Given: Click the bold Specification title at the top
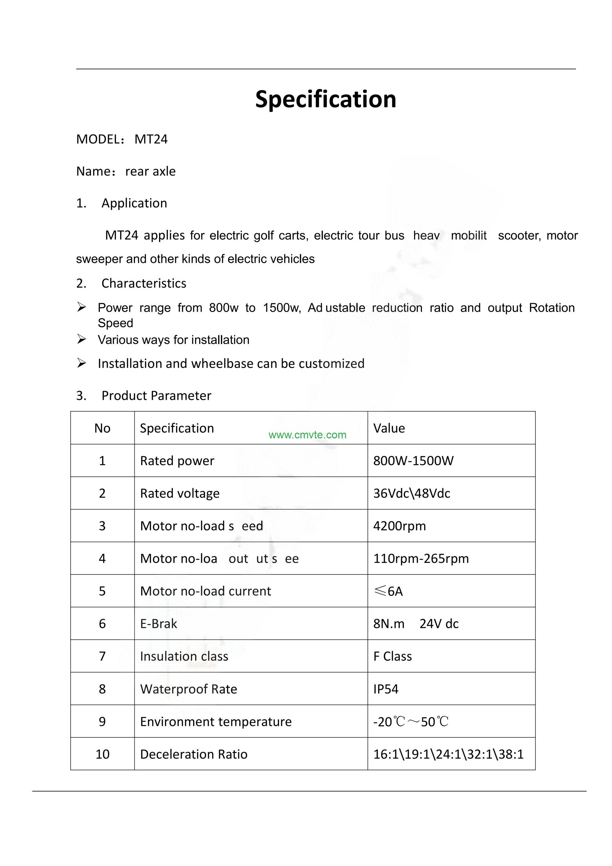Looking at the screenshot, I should (325, 99).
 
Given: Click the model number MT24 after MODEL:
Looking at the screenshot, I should (151, 139).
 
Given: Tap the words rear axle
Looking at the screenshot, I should (150, 171).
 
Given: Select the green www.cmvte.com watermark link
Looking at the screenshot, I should (307, 435).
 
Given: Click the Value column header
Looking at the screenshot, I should (389, 428).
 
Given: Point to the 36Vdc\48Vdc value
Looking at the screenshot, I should (412, 493).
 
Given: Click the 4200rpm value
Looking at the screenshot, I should (399, 526).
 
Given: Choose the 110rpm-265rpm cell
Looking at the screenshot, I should (421, 558).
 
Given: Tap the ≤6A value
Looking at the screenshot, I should (388, 591).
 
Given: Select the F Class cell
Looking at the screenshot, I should (392, 656).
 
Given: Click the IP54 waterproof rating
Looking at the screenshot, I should (386, 689).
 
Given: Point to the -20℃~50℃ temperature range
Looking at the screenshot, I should (410, 722).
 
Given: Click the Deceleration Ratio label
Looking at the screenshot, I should (194, 754).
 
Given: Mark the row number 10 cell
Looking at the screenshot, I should (102, 754).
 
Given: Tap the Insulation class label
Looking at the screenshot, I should (184, 656).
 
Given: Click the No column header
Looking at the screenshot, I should (102, 428).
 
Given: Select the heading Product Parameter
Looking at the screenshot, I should (156, 396).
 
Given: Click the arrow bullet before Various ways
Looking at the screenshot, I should (82, 339).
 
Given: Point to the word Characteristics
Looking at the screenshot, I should (144, 283).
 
